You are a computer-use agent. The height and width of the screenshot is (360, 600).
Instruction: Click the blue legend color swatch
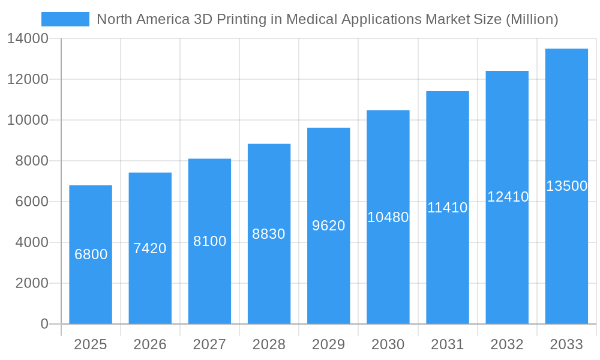pos(65,19)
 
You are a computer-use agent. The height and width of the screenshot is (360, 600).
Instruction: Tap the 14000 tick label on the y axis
pos(28,39)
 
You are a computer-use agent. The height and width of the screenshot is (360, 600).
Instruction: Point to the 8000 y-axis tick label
pos(31,161)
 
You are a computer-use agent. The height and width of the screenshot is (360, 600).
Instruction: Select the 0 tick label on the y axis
pos(44,324)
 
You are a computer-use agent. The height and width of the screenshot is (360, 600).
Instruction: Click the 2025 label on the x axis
pos(90,344)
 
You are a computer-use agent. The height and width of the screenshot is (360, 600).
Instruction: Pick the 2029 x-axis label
pos(328,344)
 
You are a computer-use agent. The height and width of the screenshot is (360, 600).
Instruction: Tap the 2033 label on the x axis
pos(566,344)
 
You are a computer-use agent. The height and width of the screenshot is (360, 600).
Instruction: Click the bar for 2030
pos(388,270)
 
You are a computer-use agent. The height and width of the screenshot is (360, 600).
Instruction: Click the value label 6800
pos(91,254)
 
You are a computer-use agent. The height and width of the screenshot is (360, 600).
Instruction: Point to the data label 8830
pos(269,234)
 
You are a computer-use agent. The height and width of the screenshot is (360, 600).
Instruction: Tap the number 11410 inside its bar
pos(447,208)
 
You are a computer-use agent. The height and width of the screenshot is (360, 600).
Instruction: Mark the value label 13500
pos(566,186)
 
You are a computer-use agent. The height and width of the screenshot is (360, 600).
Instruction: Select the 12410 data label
pos(508,197)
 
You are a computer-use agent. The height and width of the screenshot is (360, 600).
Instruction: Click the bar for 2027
pos(209,282)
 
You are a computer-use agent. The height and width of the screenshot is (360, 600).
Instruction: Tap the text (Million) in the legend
pos(532,19)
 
